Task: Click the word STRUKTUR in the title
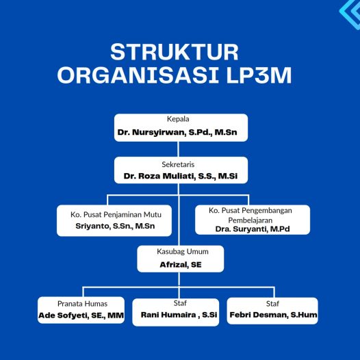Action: [x=175, y=52]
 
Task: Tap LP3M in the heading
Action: [x=259, y=75]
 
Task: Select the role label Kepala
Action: [x=178, y=119]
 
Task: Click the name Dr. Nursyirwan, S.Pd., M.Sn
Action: [x=177, y=132]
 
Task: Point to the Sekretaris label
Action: [x=178, y=164]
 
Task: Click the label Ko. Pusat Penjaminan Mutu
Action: [x=116, y=215]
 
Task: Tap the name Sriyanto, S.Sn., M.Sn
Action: [x=115, y=226]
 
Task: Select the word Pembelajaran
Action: [x=250, y=220]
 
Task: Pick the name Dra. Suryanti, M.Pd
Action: [x=253, y=229]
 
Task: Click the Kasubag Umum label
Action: [x=183, y=252]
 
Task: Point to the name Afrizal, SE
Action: [x=181, y=265]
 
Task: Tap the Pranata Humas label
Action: [x=82, y=304]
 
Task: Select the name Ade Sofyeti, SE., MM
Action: [x=81, y=316]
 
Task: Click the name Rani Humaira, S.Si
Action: [x=179, y=315]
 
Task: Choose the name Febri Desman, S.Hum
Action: [x=274, y=315]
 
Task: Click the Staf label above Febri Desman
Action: [x=272, y=304]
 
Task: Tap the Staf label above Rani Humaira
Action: [x=180, y=303]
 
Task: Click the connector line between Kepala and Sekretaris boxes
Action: [x=179, y=149]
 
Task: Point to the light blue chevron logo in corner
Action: [x=350, y=14]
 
